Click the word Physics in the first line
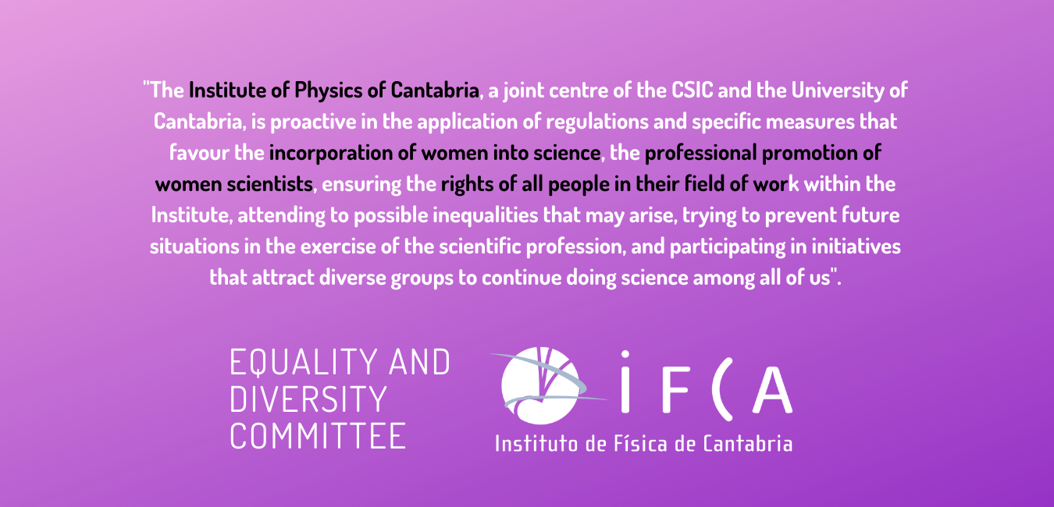pos(327,90)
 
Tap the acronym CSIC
pos(692,90)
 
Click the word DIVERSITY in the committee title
pos(308,399)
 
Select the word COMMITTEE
pos(318,435)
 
